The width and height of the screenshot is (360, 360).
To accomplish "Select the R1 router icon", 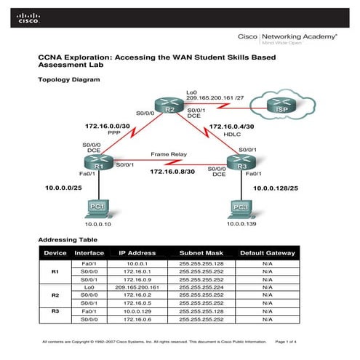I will point(99,162).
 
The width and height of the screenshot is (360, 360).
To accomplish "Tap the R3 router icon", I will point(239,162).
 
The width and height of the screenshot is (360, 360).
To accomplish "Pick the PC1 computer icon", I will point(99,209).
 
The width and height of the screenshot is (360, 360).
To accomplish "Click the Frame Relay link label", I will point(169,154).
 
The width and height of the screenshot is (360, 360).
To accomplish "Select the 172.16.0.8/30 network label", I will point(172,172).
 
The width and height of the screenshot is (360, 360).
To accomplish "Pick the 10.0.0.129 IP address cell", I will point(138,311).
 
